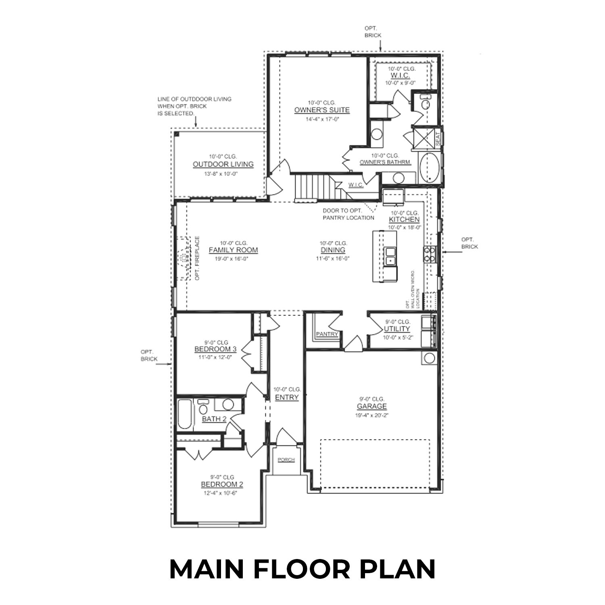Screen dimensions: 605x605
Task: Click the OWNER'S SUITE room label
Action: click(321, 110)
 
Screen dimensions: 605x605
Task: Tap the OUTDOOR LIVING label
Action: click(223, 165)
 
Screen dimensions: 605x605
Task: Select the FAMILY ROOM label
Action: click(233, 250)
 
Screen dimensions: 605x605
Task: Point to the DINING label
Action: click(333, 250)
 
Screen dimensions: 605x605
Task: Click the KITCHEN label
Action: click(404, 219)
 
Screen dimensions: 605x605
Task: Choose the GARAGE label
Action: click(371, 407)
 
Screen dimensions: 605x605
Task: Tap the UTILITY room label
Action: click(397, 329)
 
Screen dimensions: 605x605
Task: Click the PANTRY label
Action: click(327, 334)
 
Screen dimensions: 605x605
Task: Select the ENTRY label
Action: click(287, 397)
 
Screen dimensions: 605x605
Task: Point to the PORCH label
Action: click(286, 460)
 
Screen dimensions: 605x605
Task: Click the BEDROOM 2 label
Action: click(222, 484)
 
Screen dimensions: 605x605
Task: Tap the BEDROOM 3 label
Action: click(215, 349)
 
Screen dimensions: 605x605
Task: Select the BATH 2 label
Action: click(214, 419)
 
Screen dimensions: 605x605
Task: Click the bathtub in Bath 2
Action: click(185, 414)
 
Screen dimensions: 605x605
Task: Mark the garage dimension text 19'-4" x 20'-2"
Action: click(371, 415)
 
